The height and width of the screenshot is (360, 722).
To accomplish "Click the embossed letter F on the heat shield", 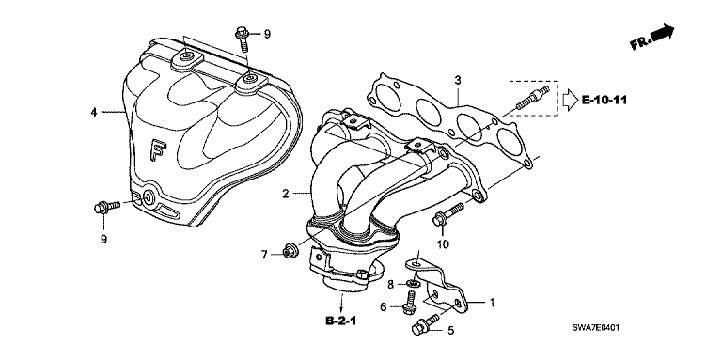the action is [x=158, y=151].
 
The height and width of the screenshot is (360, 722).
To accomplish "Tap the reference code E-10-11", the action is [x=604, y=100].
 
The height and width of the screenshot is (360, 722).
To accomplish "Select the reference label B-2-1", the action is [x=341, y=321].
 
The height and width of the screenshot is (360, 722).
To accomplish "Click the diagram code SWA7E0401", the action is [x=595, y=328].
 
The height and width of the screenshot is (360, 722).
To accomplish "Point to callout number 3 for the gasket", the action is [x=457, y=81].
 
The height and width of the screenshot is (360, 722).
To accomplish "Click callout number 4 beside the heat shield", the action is [x=94, y=112].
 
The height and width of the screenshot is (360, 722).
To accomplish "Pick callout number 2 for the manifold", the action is [x=286, y=194].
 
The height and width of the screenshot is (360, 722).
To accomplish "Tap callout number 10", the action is [x=443, y=243].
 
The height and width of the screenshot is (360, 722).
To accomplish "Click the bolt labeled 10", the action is [x=447, y=215].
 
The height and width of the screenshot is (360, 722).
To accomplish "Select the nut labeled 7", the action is [x=290, y=249].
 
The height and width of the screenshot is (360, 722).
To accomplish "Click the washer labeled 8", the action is [x=413, y=281].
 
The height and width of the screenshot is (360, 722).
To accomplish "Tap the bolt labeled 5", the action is [x=427, y=323].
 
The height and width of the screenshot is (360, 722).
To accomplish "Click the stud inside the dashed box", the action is [x=532, y=98].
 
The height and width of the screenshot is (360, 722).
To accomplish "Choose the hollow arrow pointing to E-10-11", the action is [x=571, y=100].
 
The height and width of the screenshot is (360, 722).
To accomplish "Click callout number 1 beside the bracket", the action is [x=492, y=303].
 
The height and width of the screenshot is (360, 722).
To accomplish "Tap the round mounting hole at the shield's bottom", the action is [x=149, y=198].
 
